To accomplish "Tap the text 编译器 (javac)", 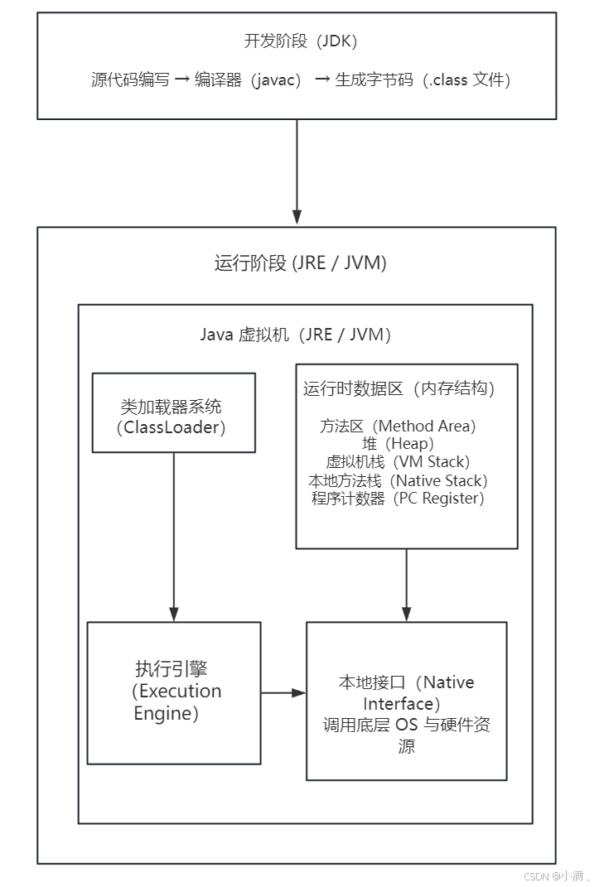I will (x=247, y=80).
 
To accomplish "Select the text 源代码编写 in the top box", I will (x=130, y=80).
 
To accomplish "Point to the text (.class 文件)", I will (x=466, y=80).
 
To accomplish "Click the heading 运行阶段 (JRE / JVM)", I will (x=300, y=263).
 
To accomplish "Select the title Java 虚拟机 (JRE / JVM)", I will (x=295, y=335).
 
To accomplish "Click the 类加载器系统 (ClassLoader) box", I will (x=173, y=412).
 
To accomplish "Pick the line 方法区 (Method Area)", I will (x=398, y=427).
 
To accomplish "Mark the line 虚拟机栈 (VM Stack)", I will (x=398, y=462).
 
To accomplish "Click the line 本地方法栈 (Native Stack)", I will (x=398, y=480).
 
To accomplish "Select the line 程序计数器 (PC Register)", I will (x=398, y=499).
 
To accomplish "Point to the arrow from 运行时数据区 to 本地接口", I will (x=406, y=585).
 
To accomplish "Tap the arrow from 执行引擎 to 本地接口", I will (x=283, y=692).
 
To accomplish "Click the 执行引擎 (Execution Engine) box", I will (x=174, y=692).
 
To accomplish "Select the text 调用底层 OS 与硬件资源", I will (x=406, y=735).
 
